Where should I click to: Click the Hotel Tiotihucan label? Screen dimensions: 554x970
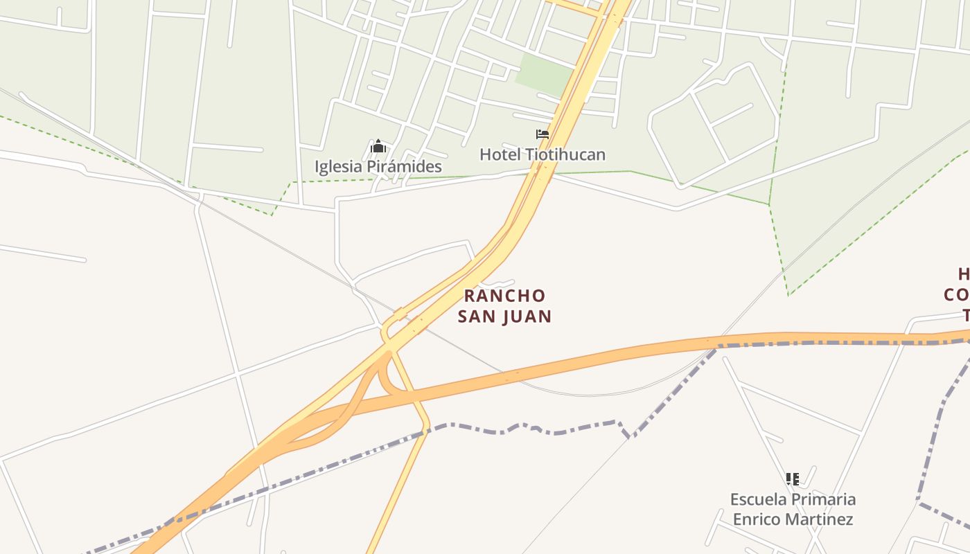543,154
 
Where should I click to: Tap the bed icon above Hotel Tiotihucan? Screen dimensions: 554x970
543,134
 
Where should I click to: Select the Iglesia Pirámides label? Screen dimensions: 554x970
378,167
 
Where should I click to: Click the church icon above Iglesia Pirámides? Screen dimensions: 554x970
378,147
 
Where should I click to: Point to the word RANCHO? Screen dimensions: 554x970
504,296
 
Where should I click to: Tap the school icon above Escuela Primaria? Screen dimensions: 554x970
793,479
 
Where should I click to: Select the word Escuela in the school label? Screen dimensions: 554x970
759,499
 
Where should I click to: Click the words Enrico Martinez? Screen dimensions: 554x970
793,519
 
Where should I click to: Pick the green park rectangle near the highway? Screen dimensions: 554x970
545,74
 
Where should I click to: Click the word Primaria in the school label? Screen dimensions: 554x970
824,499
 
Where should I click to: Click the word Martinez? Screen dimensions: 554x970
820,519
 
